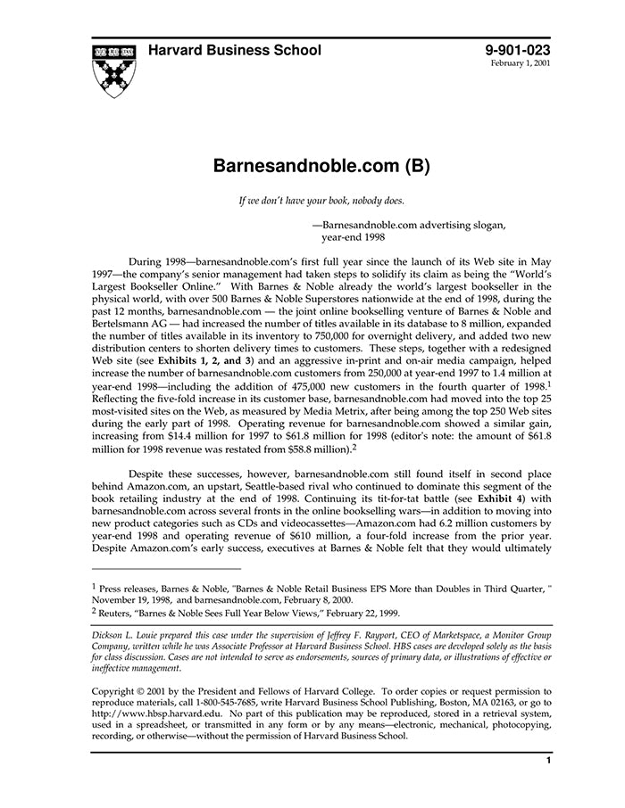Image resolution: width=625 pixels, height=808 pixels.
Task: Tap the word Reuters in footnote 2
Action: (119, 613)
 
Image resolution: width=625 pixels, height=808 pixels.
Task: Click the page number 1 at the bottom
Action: (547, 761)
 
